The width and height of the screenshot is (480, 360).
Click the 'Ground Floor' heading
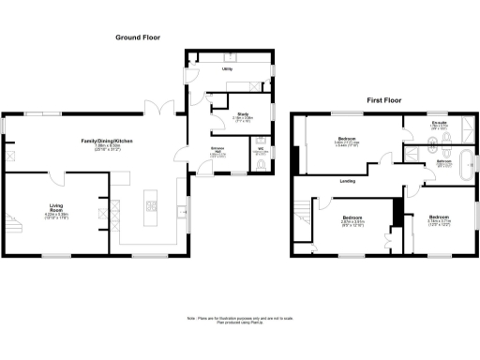138,37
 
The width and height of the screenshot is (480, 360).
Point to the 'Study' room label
217,113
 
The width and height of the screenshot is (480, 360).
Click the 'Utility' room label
227,69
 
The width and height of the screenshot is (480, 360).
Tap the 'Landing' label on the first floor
346,180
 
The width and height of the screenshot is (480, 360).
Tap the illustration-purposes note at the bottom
240,322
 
